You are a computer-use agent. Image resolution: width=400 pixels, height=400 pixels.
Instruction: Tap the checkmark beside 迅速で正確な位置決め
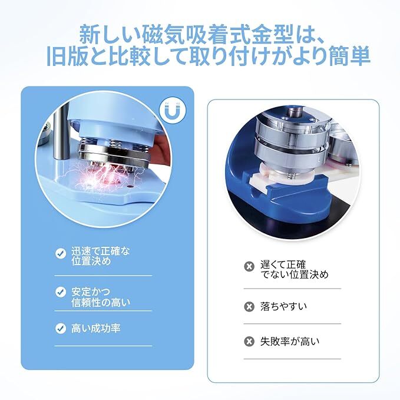tap(61, 253)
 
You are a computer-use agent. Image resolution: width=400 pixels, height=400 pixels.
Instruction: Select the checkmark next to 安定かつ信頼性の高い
tap(61, 292)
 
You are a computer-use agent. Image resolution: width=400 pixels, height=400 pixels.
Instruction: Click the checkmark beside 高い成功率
tap(61, 328)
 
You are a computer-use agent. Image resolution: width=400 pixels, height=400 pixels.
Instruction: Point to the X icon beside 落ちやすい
tap(249, 306)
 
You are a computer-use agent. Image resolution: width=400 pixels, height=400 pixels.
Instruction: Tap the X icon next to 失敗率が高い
tap(249, 342)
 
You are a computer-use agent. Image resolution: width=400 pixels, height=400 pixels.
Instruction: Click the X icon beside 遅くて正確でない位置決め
tap(249, 266)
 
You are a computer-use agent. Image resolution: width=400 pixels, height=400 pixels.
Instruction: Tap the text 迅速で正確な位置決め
tap(98, 256)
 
